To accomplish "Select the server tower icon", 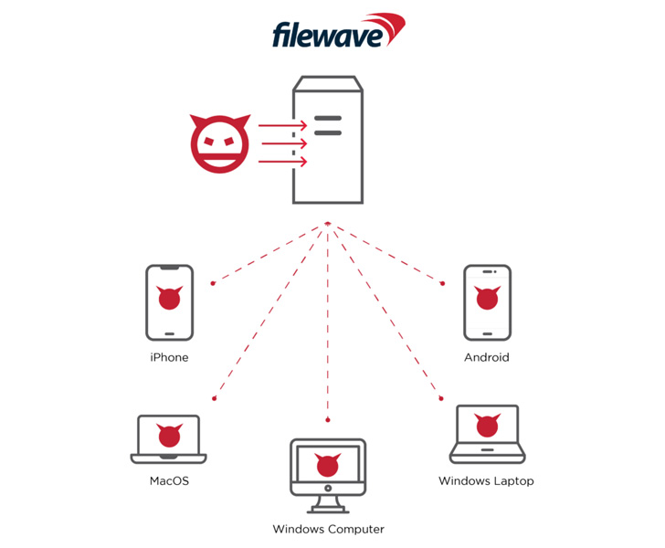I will [x=328, y=141].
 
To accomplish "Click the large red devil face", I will [x=218, y=143].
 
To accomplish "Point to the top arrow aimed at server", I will [x=282, y=125].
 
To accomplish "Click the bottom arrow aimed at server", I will [x=282, y=162].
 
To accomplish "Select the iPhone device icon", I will [x=169, y=300].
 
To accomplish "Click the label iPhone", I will [x=169, y=357].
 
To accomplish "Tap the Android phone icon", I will [x=487, y=300].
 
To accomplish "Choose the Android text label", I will [x=487, y=357].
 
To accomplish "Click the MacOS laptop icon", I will [x=168, y=439].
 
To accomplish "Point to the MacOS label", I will [x=169, y=480].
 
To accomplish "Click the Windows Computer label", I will [x=328, y=529].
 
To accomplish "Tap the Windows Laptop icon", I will [x=487, y=434].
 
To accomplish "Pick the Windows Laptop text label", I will [x=486, y=480].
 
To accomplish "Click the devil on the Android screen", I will [x=487, y=298].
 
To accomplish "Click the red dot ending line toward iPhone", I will [x=213, y=283].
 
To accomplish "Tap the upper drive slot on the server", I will [x=328, y=119].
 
